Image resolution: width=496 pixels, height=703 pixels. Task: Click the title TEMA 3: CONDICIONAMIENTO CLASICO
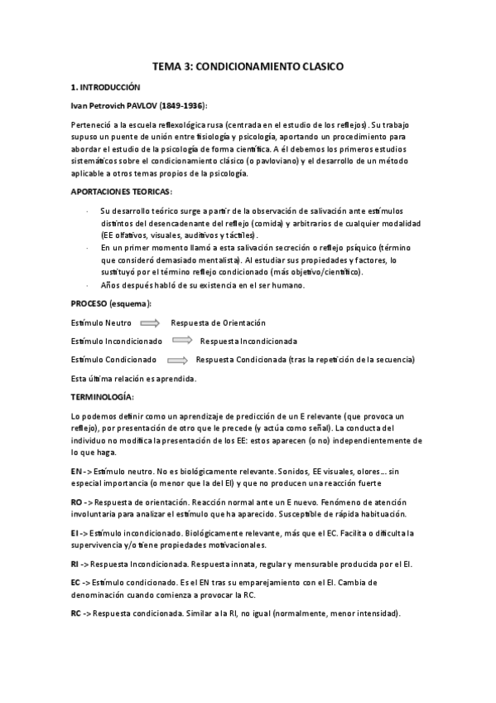[248, 65]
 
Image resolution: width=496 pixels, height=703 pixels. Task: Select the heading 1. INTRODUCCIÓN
[105, 86]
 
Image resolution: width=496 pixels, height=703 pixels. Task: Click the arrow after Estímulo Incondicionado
[184, 341]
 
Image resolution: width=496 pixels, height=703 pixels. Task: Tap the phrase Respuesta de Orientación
[218, 322]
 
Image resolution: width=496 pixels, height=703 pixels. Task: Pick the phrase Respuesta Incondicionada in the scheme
[248, 341]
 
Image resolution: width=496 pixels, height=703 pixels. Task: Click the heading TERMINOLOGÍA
[102, 397]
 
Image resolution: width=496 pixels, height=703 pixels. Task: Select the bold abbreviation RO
[76, 503]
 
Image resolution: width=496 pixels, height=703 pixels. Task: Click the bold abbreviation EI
[75, 532]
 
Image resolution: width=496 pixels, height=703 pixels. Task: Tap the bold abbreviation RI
[75, 564]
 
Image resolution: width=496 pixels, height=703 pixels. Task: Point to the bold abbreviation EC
[75, 583]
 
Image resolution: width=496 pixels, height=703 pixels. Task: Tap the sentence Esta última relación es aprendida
[133, 378]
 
